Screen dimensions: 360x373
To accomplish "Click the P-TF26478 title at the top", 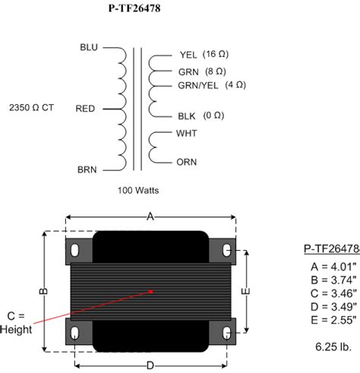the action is click(x=134, y=8).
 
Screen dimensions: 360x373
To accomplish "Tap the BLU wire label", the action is click(x=89, y=47).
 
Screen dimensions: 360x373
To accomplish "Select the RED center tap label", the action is click(x=85, y=109).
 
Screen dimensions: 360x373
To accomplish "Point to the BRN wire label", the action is click(x=87, y=169).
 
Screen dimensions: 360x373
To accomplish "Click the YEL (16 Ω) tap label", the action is click(x=204, y=55).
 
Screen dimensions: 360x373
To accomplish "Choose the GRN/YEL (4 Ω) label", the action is click(x=212, y=85).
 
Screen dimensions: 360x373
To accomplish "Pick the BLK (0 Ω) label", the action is click(x=201, y=116).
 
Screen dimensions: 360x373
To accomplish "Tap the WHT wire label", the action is click(x=186, y=134).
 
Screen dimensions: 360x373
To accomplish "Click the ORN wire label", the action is click(x=187, y=162).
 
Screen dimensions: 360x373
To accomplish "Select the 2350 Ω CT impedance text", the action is click(x=31, y=108).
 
